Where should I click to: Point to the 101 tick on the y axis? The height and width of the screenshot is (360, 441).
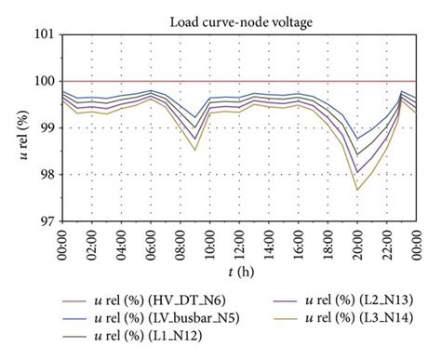click(x=42, y=35)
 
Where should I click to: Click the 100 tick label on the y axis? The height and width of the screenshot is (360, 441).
click(x=42, y=82)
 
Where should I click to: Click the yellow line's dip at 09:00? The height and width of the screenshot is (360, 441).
click(x=195, y=150)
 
